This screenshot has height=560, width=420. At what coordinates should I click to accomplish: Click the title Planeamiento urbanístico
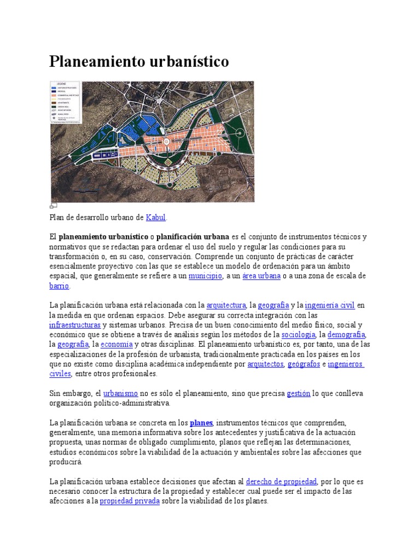tap(139, 61)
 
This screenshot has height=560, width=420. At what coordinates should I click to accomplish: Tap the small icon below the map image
tap(53, 206)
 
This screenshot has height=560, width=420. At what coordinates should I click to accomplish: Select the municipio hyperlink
tap(205, 276)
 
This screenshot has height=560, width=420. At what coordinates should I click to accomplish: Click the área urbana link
tap(261, 276)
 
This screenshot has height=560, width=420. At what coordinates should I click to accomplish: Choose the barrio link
tap(59, 286)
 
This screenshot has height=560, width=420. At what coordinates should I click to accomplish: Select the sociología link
tap(298, 335)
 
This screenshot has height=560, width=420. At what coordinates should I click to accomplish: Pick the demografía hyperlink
tap(346, 335)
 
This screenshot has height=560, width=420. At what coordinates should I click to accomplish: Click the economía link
tap(116, 345)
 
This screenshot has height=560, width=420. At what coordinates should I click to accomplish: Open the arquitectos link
tap(265, 364)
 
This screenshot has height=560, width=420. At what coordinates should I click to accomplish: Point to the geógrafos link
tap(304, 364)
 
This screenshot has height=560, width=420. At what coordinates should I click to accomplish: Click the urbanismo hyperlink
tap(120, 394)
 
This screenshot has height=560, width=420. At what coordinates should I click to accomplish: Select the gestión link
tap(298, 394)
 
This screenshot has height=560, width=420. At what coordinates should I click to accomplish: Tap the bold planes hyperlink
tap(201, 423)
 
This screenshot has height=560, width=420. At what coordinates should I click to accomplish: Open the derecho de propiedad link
tap(281, 482)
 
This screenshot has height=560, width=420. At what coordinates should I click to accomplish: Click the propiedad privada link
tap(130, 501)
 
